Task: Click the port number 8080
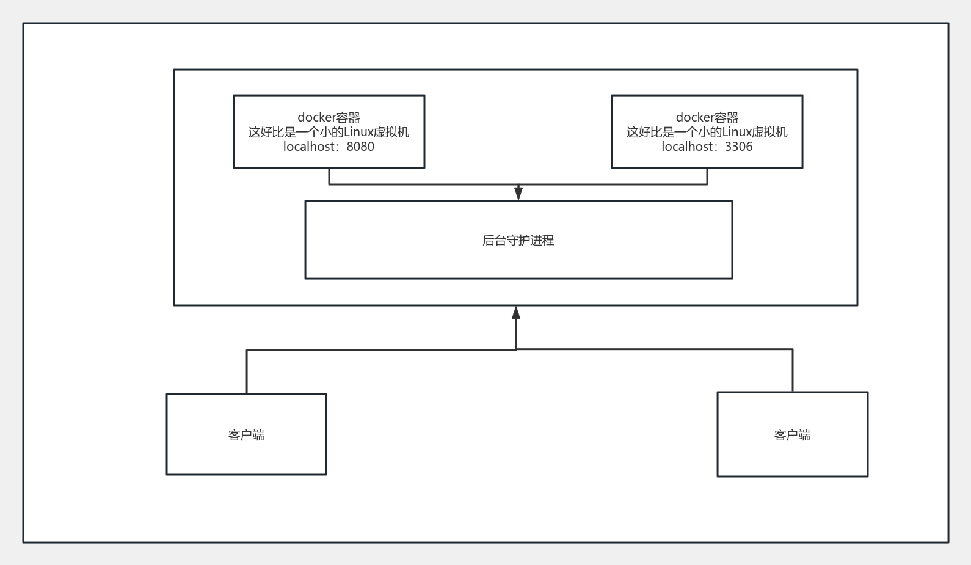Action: click(360, 147)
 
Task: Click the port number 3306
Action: click(739, 147)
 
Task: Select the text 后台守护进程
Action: click(518, 240)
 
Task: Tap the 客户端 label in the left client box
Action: click(246, 435)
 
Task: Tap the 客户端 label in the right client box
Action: click(792, 435)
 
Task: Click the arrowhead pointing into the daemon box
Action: click(518, 194)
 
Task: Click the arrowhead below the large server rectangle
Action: click(516, 313)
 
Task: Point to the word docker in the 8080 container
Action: click(316, 117)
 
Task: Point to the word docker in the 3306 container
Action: click(694, 117)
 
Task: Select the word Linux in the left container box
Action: click(357, 132)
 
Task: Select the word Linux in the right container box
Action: click(736, 132)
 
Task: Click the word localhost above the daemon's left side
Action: click(310, 147)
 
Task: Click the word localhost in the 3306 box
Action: click(689, 147)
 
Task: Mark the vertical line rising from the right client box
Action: click(793, 371)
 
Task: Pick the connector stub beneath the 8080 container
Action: click(329, 176)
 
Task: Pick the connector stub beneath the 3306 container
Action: click(707, 176)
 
